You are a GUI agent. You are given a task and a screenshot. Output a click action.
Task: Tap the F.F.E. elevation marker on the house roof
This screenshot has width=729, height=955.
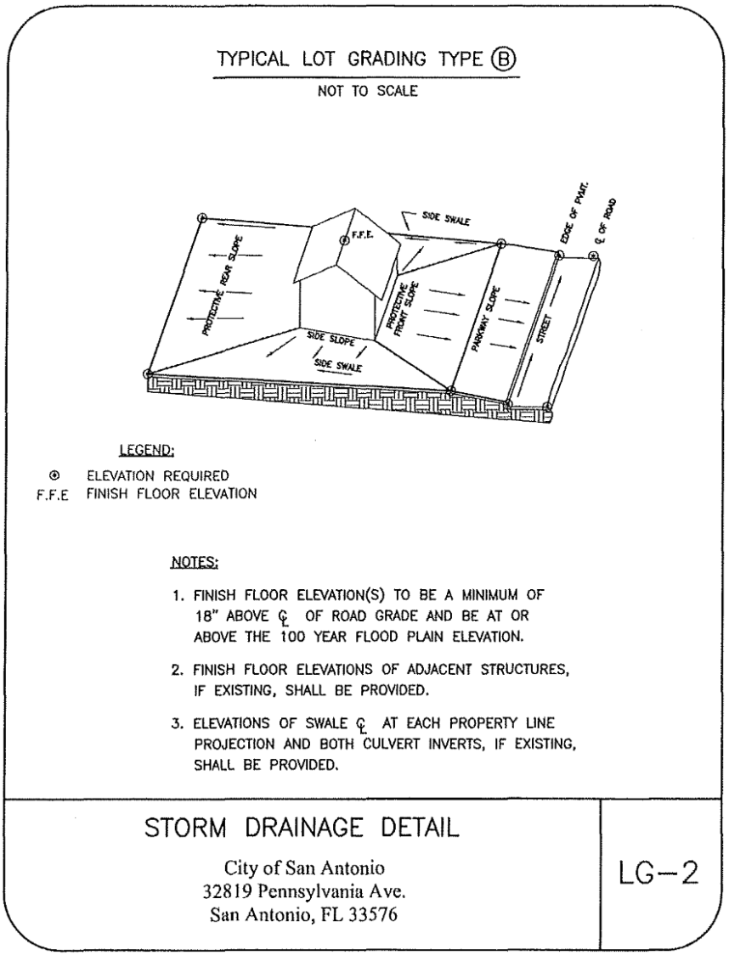344,240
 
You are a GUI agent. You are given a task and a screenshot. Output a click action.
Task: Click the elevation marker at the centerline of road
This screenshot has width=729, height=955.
593,256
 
